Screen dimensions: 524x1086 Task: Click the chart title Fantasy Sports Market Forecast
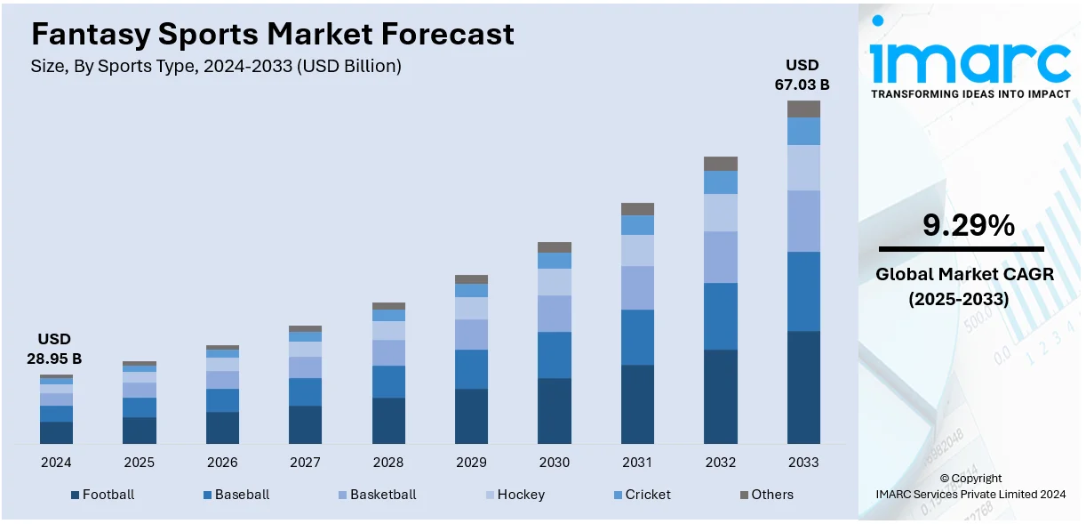tap(272, 34)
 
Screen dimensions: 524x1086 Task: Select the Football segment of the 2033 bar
tap(803, 387)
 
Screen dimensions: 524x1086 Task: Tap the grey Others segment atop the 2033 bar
tap(803, 109)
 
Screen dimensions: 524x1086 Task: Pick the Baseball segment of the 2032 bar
tap(721, 316)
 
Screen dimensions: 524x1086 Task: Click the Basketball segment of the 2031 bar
tap(637, 287)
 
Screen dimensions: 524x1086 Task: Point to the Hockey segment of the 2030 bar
tap(555, 282)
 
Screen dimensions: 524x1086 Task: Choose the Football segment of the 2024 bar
tap(56, 432)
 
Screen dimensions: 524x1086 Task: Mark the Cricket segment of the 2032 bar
tap(721, 182)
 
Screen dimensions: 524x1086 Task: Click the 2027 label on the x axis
tap(305, 463)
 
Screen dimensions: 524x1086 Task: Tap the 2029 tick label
tap(471, 463)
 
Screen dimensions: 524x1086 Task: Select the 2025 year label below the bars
tap(139, 463)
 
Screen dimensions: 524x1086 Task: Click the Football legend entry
tap(102, 495)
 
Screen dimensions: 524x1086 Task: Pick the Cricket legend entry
tap(641, 495)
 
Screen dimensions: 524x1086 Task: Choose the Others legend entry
tap(766, 495)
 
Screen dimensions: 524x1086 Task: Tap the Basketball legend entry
tap(376, 495)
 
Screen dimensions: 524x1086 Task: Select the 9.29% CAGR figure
tap(969, 226)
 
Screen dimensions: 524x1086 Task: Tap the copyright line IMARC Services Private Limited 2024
tap(970, 494)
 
